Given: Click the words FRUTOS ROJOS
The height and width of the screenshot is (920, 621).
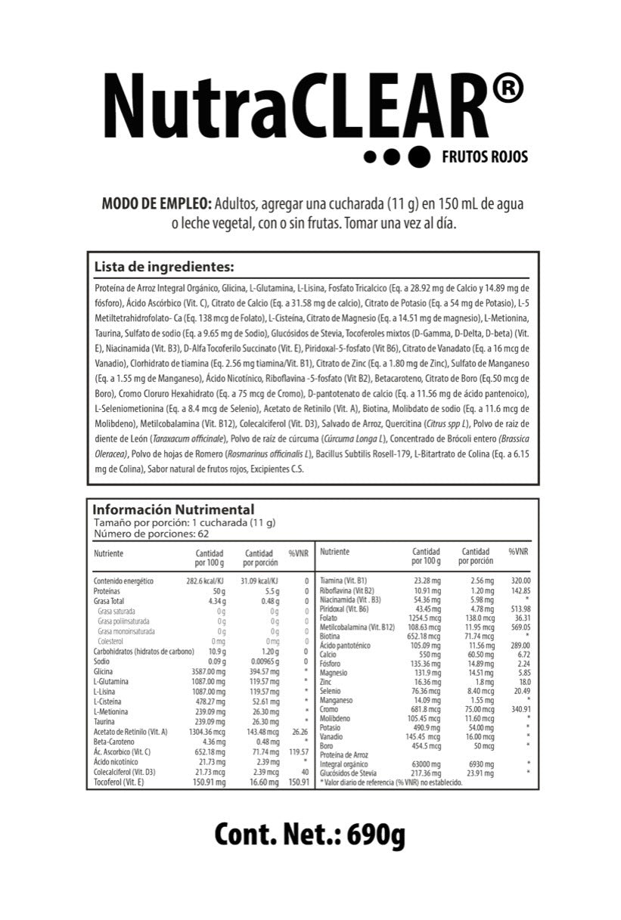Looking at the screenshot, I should pos(484,157).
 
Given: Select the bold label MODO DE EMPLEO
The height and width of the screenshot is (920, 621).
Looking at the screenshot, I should pos(157,205).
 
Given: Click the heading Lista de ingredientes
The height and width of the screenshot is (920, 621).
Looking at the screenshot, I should pos(163,267).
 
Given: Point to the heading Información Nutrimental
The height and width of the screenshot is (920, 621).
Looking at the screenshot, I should pos(173,510).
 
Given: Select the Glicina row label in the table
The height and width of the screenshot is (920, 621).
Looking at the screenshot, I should pos(104,671).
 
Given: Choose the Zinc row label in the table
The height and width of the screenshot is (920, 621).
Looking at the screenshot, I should pos(327,681).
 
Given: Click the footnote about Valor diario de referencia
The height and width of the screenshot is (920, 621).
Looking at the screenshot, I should pos(391,783).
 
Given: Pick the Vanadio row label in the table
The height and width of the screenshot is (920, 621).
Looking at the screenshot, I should pos(332,736).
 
